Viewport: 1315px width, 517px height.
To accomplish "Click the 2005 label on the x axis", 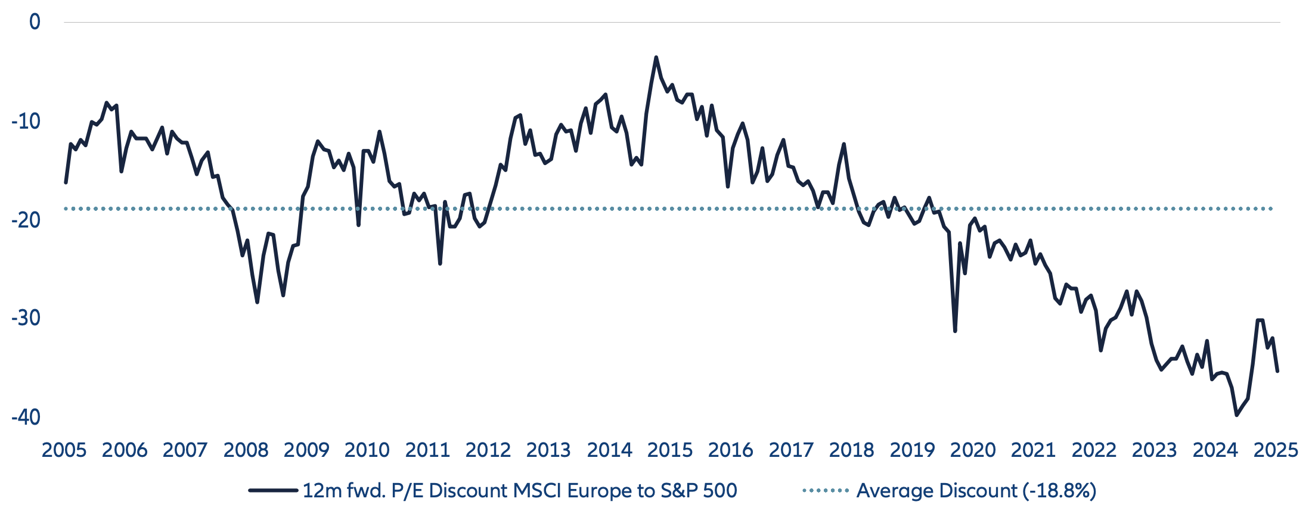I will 64,450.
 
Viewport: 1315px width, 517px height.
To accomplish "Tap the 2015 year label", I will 670,450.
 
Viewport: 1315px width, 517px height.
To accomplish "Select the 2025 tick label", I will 1276,450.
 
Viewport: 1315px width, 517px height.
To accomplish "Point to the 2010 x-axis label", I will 367,450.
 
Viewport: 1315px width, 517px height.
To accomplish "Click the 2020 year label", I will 973,450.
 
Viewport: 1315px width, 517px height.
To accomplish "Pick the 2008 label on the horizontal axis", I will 246,450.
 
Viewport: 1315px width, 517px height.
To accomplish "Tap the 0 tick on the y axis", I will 35,22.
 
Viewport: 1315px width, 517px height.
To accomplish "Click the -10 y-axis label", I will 26,122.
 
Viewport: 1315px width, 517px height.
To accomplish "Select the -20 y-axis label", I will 26,220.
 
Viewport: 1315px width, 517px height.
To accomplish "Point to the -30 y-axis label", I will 26,318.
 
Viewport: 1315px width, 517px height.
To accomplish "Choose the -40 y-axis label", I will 26,417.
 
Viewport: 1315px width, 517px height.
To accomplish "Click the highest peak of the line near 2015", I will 656,58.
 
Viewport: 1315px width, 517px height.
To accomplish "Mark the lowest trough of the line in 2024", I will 1236,415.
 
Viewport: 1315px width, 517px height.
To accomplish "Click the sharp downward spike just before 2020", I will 955,331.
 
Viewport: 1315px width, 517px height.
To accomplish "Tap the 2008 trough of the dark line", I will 257,303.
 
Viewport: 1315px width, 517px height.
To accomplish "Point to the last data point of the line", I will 1277,371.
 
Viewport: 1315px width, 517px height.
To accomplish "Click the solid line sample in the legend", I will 273,491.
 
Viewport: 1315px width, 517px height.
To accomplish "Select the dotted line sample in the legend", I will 826,491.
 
